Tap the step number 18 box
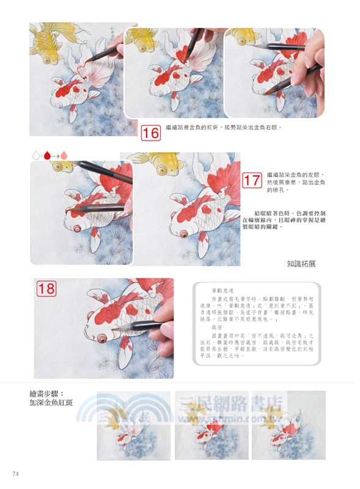coord(46,288)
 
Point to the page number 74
coord(16,474)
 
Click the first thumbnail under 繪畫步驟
coord(133,425)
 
